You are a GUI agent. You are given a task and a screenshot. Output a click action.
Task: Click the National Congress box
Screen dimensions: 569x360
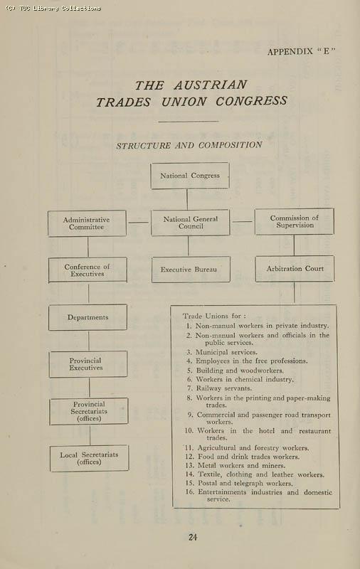[190, 176]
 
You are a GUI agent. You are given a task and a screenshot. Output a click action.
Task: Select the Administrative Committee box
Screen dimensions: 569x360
[87, 223]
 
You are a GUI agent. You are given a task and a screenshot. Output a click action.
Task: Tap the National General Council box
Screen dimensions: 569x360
[190, 223]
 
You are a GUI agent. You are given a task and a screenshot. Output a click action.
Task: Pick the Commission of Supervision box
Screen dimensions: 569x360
[294, 222]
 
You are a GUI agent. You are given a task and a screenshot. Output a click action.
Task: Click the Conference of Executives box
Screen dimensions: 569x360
[88, 270]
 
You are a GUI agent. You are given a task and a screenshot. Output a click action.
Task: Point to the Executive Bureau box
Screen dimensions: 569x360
[190, 270]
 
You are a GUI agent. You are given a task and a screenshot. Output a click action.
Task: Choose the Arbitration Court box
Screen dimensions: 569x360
[295, 269]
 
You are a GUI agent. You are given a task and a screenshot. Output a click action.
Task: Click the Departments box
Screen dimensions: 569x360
[88, 317]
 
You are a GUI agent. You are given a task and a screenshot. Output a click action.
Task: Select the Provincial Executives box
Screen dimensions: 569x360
[88, 364]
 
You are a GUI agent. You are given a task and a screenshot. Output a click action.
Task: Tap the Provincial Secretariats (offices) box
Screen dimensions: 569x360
[89, 411]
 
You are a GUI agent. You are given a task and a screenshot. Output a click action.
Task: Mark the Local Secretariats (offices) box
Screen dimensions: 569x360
[89, 458]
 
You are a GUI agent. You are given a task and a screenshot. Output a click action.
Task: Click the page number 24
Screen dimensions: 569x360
[193, 537]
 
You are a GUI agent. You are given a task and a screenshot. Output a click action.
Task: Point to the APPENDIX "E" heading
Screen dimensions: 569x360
[301, 51]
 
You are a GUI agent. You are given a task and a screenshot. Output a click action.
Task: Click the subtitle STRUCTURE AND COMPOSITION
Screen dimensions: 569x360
[189, 145]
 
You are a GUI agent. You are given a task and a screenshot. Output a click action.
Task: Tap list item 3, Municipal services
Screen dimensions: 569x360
[226, 352]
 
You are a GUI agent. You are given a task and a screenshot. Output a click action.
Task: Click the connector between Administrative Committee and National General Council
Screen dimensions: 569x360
[139, 222]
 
